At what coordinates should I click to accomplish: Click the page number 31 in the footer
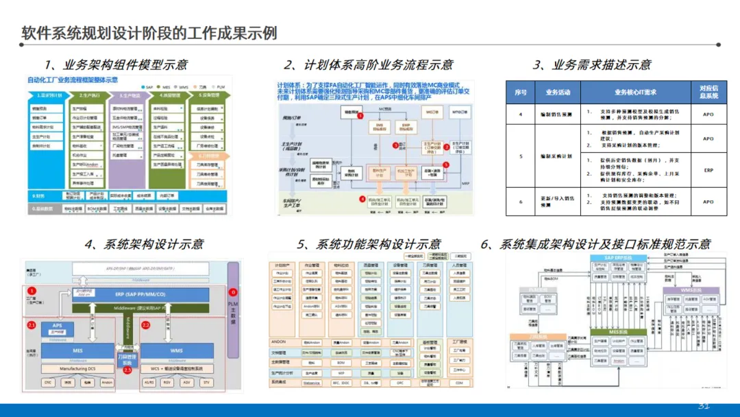click(x=704, y=405)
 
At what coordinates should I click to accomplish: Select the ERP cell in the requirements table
click(x=708, y=169)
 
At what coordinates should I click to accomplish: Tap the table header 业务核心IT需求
click(x=635, y=91)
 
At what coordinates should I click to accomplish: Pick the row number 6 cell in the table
click(x=521, y=202)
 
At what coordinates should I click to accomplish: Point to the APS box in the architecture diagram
click(x=57, y=325)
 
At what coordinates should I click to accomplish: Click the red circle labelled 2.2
click(x=146, y=324)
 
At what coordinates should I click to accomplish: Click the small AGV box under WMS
click(x=187, y=383)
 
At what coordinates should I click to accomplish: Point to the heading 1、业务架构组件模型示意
click(x=116, y=65)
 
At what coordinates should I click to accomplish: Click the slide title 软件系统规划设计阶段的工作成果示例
click(x=149, y=33)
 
